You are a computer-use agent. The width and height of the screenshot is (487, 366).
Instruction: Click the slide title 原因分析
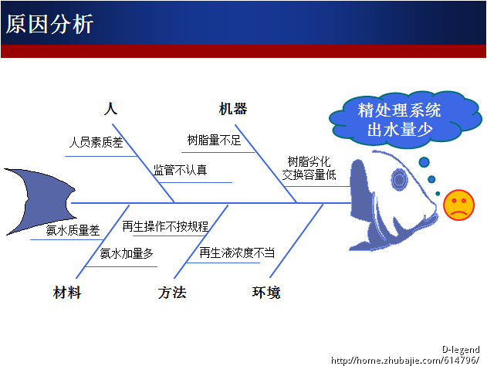50,24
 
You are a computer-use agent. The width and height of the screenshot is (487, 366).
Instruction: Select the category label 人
110,109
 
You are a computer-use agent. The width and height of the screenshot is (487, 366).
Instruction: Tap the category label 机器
233,109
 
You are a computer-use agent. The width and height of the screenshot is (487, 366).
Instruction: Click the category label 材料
67,293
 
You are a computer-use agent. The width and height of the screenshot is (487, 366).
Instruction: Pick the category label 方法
172,293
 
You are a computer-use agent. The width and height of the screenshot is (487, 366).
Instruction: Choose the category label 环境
266,293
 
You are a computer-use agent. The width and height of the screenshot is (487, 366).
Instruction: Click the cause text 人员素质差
96,142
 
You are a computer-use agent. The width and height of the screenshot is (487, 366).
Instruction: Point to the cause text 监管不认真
180,170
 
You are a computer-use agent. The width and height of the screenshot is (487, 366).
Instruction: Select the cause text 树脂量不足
214,141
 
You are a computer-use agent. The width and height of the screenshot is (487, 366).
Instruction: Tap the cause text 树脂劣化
309,161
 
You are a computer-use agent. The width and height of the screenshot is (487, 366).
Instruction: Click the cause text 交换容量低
309,175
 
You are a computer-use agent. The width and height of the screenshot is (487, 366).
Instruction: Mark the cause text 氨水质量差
73,230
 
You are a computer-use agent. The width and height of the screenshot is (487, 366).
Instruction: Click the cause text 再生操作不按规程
165,226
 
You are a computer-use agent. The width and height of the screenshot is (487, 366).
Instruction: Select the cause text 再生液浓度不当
237,252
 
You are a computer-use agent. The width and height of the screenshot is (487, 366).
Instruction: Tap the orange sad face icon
458,204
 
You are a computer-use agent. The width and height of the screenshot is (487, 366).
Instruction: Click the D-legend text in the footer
461,350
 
